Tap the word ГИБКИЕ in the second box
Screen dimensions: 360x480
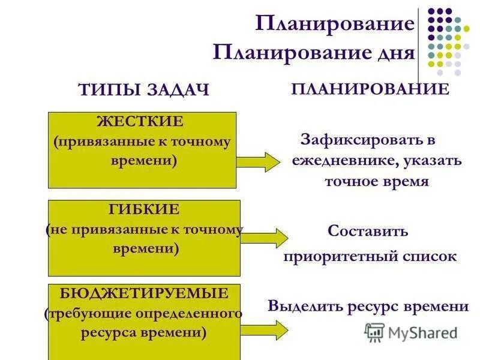(x=144, y=210)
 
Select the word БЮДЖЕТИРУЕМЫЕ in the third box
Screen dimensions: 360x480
(x=144, y=293)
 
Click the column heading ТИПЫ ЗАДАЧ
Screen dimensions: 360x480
(x=143, y=90)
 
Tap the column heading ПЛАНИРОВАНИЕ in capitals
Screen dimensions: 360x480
(x=370, y=89)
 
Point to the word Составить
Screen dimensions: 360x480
(x=368, y=231)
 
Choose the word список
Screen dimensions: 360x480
(x=430, y=257)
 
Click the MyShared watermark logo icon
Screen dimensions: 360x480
(x=374, y=332)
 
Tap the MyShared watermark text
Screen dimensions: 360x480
(x=422, y=332)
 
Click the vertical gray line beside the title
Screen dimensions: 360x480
(x=419, y=36)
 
